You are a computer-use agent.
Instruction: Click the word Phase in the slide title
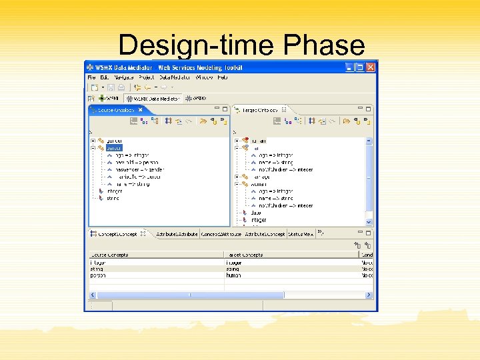tap(324, 45)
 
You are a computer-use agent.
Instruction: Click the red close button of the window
tap(371, 67)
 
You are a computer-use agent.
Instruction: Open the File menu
tap(92, 77)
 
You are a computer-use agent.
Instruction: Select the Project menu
tap(146, 77)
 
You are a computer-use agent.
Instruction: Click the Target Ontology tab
tap(260, 109)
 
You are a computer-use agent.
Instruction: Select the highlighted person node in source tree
tap(114, 148)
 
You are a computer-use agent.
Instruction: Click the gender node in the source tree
tap(114, 141)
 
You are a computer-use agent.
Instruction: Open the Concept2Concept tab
tap(117, 234)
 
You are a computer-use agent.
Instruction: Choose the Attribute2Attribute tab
tap(176, 234)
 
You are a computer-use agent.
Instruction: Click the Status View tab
tap(301, 234)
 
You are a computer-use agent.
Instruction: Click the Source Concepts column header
tap(111, 255)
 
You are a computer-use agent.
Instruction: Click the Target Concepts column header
tap(245, 255)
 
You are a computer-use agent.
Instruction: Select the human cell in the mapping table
tap(233, 275)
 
